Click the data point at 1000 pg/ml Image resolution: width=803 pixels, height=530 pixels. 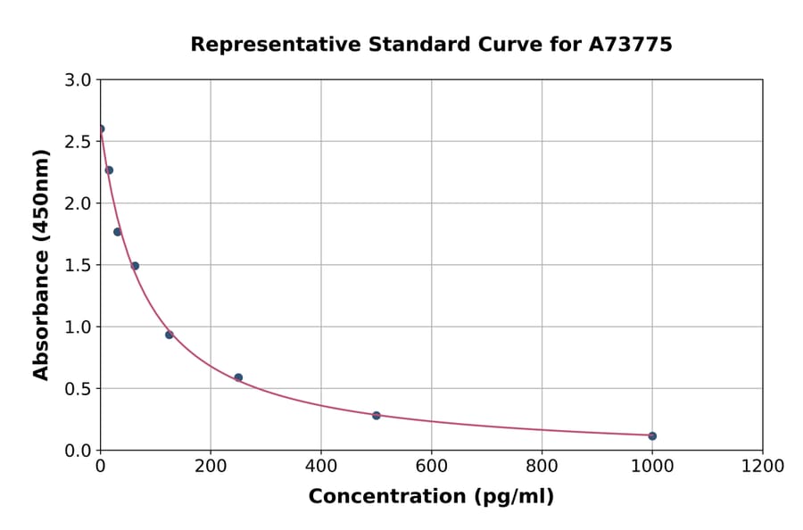652,435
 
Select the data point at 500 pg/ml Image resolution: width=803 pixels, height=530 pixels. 377,415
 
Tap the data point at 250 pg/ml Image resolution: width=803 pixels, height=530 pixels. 238,377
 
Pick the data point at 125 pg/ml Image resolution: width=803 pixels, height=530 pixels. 169,335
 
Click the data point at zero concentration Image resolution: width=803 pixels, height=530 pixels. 100,128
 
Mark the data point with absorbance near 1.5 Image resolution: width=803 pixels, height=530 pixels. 135,266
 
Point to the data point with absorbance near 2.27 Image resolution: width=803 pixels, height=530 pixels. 109,170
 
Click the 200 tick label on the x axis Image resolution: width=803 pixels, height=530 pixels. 211,467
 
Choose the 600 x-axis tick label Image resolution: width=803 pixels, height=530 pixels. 431,467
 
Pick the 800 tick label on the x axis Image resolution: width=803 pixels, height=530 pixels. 542,467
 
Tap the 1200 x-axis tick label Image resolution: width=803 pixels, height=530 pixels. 763,467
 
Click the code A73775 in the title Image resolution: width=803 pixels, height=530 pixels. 630,45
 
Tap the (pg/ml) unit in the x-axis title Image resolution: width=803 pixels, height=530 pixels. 516,497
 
